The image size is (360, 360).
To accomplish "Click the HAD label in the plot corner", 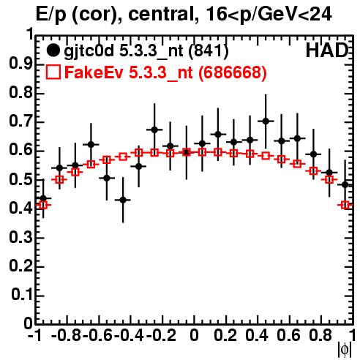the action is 327,50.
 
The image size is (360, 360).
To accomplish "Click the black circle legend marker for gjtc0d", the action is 53,50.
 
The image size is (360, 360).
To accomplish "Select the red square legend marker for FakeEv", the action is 53,72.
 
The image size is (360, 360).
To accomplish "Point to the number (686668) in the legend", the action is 232,72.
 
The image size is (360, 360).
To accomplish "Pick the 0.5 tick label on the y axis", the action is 20,180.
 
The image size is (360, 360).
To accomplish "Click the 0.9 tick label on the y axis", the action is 20,64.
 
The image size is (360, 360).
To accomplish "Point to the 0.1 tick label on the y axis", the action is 22,295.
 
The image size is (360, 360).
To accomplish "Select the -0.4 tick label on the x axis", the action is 130,335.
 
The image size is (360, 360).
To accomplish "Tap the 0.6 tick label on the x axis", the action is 288,335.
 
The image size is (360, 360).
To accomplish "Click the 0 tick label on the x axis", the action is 194,335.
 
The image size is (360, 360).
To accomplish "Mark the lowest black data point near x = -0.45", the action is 123,200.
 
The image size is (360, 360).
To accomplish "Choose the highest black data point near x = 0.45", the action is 266,121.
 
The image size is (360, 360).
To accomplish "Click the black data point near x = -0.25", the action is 154,130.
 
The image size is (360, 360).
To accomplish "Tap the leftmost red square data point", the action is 43,205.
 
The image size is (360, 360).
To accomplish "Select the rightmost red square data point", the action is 345,205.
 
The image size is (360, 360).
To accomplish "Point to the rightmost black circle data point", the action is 345,185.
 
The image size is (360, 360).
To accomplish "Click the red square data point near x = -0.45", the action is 123,157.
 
